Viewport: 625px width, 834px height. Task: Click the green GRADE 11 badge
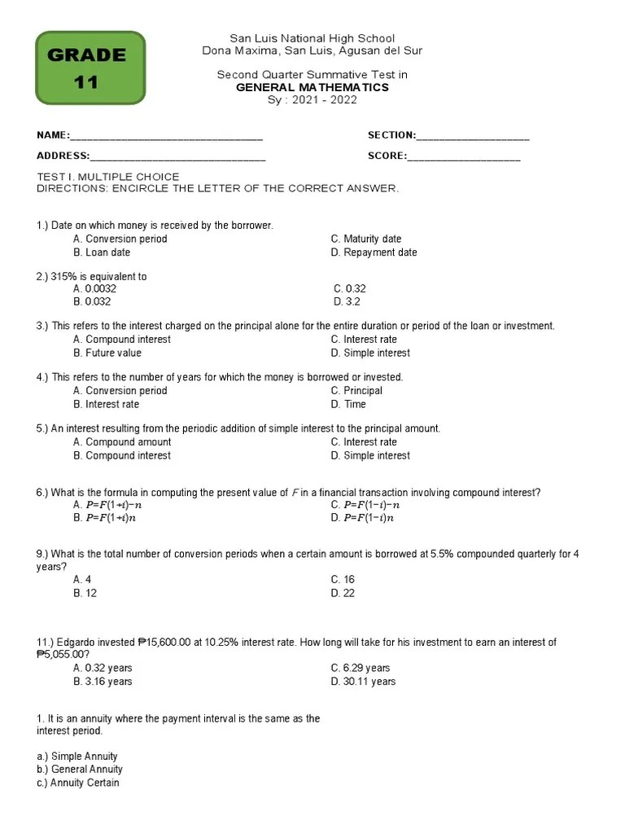(x=90, y=68)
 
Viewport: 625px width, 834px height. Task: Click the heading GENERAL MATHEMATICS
(x=312, y=87)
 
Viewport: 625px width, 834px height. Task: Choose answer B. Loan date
(x=102, y=252)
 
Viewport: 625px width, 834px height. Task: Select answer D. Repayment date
(x=374, y=252)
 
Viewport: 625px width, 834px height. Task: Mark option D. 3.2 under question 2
(x=347, y=301)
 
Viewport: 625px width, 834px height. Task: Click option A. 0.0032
(x=94, y=288)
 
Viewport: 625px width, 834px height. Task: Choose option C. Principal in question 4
(x=356, y=391)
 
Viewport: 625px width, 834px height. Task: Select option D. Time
(x=348, y=404)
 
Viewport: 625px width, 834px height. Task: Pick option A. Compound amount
(x=121, y=442)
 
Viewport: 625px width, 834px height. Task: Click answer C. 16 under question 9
(x=343, y=580)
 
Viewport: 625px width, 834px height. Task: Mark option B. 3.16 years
(x=103, y=682)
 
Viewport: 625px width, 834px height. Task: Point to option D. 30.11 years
(x=363, y=682)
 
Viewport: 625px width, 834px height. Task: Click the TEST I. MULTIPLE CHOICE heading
(x=108, y=177)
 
